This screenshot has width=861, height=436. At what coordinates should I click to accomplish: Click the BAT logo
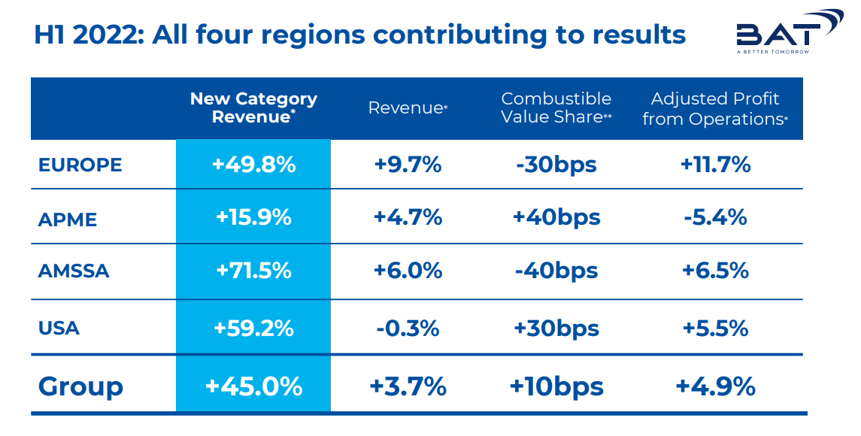789,32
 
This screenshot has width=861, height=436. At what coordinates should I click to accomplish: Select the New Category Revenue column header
253,107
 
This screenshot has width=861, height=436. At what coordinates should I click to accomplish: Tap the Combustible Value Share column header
556,107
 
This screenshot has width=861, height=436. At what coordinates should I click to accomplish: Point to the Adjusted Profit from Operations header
715,109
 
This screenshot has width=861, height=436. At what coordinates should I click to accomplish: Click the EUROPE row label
80,165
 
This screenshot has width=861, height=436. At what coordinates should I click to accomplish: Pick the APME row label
68,220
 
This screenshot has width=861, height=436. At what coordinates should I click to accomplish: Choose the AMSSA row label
74,271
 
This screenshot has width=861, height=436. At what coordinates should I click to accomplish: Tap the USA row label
59,329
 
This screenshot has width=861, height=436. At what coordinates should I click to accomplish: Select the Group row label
80,386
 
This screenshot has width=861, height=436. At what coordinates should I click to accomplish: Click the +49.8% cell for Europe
253,164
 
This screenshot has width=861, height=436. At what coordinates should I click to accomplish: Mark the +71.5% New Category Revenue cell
253,271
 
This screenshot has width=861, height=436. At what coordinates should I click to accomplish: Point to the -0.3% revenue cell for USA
408,329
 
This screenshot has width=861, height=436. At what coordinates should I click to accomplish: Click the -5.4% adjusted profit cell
715,217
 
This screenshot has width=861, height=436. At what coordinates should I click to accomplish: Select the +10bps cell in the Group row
556,386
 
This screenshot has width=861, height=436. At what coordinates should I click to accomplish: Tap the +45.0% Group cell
253,386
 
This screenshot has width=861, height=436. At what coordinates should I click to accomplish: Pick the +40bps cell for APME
556,218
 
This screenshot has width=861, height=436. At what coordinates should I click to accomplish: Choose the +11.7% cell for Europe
715,164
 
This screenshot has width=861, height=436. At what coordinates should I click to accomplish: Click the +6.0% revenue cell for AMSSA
408,271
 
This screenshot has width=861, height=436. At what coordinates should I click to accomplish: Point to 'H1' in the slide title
50,35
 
